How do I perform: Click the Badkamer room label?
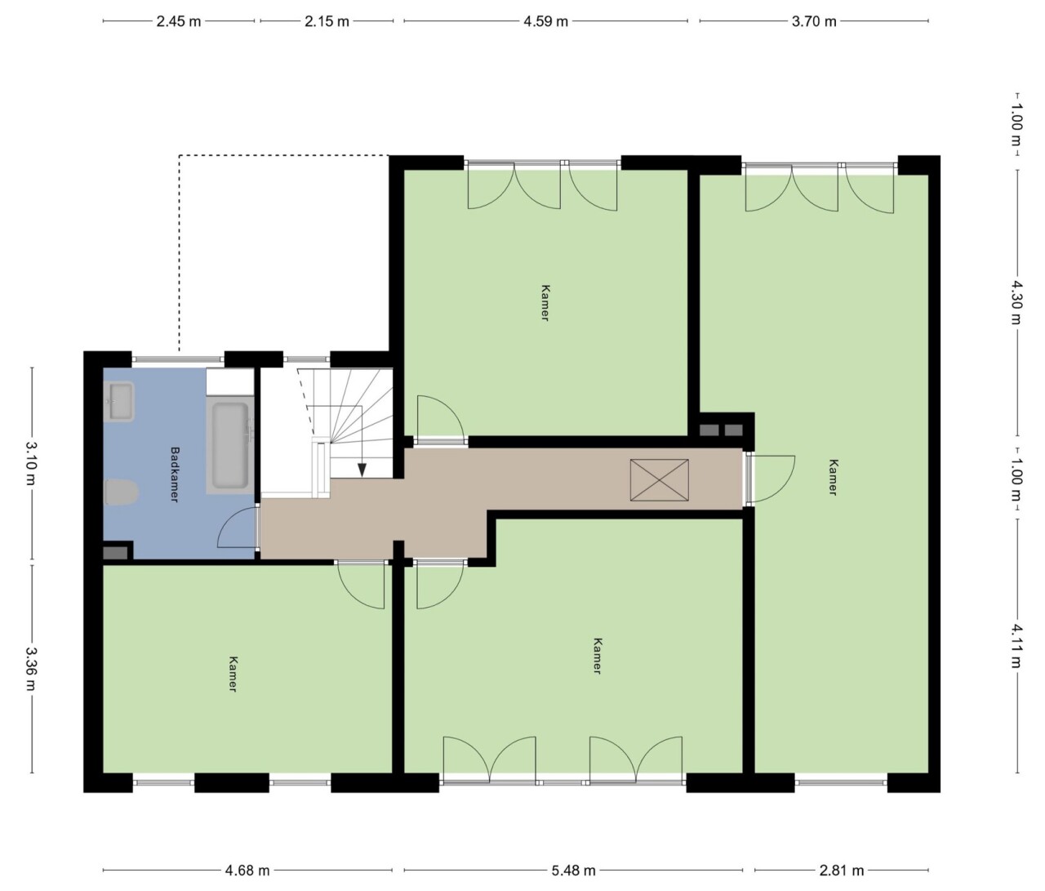[x=175, y=474]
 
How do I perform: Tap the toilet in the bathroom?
[x=122, y=492]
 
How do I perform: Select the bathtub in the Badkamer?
[x=230, y=445]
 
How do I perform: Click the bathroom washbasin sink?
[x=120, y=402]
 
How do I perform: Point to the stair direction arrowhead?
[x=362, y=470]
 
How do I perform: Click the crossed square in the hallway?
[x=660, y=480]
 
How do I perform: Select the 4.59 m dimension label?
[x=545, y=21]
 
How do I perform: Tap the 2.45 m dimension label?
[x=179, y=21]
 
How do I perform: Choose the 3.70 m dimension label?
[x=813, y=21]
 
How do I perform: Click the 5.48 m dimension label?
[x=573, y=871]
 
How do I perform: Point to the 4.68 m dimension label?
[x=247, y=871]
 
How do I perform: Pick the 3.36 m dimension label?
[x=31, y=669]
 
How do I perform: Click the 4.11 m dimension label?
[x=1016, y=647]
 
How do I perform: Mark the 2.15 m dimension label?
[x=327, y=21]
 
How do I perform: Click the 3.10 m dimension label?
[x=31, y=463]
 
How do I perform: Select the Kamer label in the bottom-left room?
[x=233, y=674]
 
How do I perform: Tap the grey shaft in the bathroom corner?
[x=115, y=553]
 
